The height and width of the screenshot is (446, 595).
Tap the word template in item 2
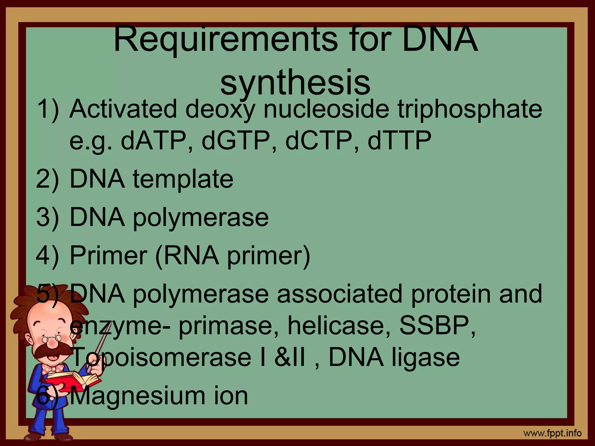click(183, 179)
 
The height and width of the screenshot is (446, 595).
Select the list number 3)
click(47, 217)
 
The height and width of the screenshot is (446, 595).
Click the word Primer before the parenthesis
click(108, 255)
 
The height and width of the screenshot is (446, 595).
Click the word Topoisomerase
click(162, 357)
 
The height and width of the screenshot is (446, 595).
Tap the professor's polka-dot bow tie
click(52, 369)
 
